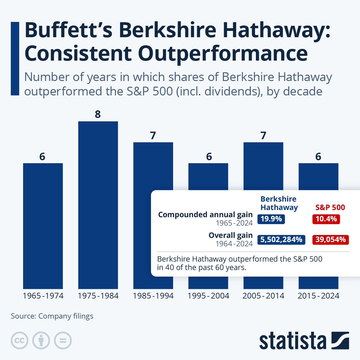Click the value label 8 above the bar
pyautogui.click(x=98, y=114)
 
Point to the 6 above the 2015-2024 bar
pyautogui.click(x=318, y=156)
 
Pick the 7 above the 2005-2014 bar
pyautogui.click(x=263, y=136)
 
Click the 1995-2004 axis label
pyautogui.click(x=208, y=296)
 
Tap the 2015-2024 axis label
pyautogui.click(x=318, y=296)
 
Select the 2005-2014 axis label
pyautogui.click(x=263, y=296)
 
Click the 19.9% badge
pyautogui.click(x=271, y=219)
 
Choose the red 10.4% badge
pyautogui.click(x=326, y=219)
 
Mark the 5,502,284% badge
pyautogui.click(x=281, y=239)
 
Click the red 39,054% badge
pyautogui.click(x=330, y=239)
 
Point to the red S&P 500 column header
pyautogui.click(x=330, y=207)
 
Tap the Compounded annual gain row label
pyautogui.click(x=205, y=215)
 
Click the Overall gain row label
pyautogui.click(x=230, y=235)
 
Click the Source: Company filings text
pyautogui.click(x=52, y=316)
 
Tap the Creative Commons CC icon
pyautogui.click(x=19, y=340)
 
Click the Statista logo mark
pyautogui.click(x=340, y=340)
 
